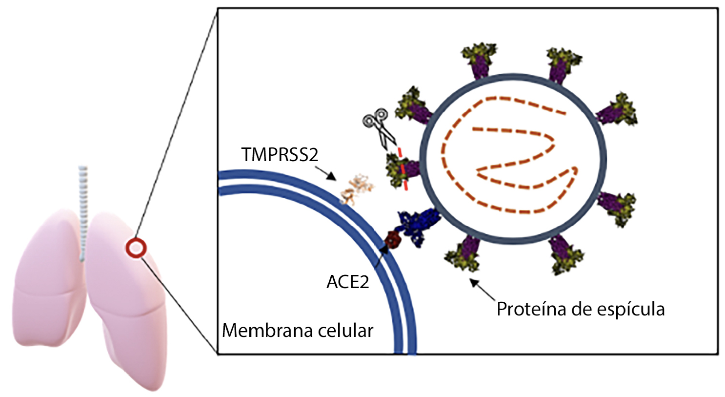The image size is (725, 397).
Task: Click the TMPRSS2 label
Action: click(x=280, y=155)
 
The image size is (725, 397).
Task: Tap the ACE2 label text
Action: click(x=347, y=282)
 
